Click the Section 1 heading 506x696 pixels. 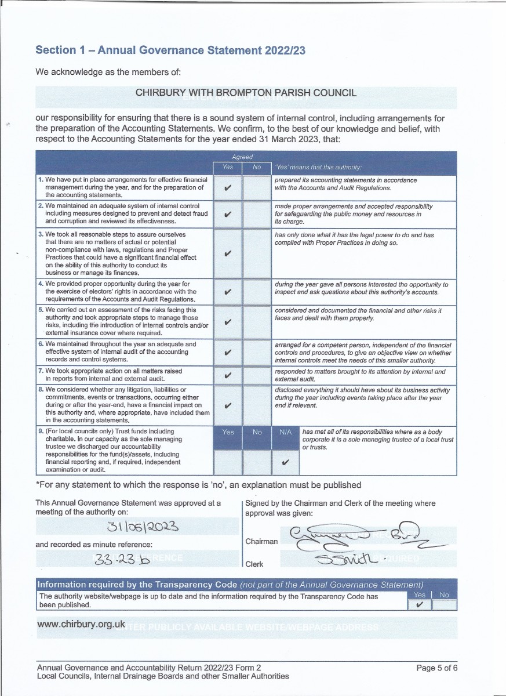170,50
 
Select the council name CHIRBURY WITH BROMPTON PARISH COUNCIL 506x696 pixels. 246,93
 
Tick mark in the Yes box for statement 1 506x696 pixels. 228,188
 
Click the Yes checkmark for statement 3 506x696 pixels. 228,253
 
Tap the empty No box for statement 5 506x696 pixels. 257,322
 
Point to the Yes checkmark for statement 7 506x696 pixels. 228,375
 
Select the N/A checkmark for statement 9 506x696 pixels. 285,463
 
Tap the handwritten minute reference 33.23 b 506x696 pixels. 122,559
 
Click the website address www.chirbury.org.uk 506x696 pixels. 81,624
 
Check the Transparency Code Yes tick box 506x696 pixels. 420,605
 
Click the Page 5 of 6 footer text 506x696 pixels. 437,668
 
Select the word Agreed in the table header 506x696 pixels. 242,157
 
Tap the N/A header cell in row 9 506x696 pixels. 285,432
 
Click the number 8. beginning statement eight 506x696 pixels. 41,390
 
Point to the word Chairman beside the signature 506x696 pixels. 261,541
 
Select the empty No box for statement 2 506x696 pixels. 257,213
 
